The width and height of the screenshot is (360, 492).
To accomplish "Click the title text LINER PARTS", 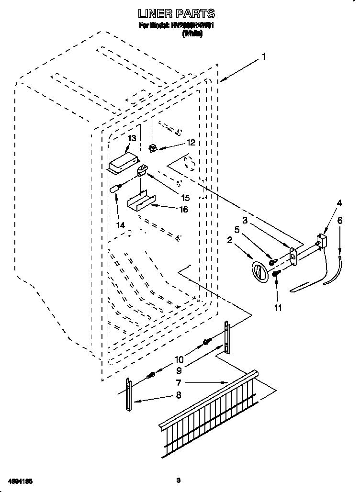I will pos(176,14).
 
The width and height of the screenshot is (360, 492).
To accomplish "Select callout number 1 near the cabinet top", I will pos(263,57).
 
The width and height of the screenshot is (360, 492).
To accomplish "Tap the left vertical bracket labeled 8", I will pos(128,394).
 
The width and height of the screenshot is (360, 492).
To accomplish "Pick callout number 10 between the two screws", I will pos(179,358).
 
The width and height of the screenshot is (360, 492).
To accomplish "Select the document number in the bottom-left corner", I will pos(20,480).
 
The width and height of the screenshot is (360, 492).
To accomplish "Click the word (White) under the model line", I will pos(192,34).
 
